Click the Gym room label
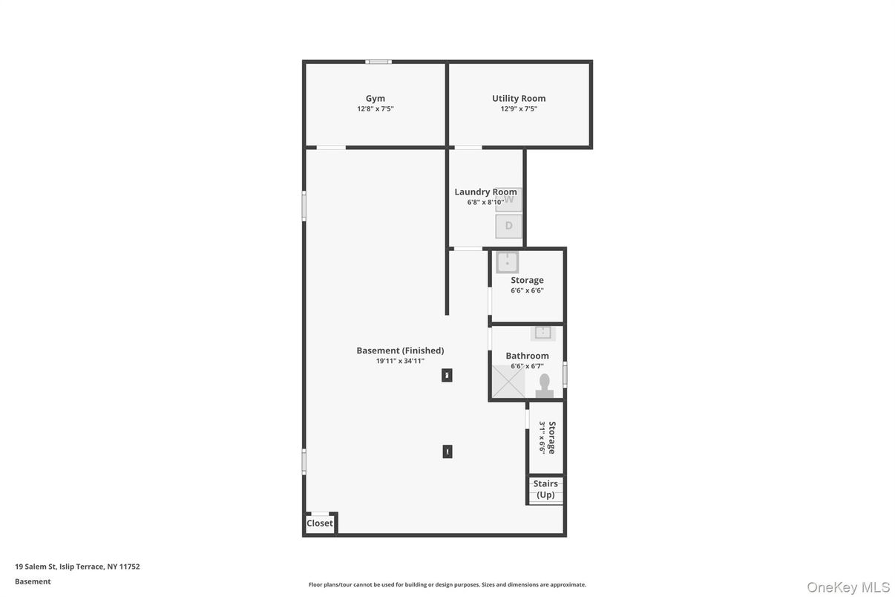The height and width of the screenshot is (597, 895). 375,98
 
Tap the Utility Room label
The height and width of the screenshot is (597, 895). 519,98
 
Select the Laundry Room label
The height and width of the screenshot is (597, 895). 485,192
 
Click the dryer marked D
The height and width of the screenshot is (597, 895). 508,226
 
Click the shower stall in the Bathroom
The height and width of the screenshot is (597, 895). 508,382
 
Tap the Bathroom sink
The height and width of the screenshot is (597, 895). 543,333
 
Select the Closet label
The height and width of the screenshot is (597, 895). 320,523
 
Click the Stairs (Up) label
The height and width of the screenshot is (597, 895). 545,489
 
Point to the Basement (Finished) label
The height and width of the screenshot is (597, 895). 400,350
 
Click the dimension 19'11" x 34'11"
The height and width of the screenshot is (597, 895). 400,361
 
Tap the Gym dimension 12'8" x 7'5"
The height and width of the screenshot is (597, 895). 375,108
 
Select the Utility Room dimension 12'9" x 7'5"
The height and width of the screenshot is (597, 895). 519,108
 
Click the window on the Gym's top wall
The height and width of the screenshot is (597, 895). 378,62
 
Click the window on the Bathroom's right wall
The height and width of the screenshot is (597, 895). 565,373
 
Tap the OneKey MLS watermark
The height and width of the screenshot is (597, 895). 848,587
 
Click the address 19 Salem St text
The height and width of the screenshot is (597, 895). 77,567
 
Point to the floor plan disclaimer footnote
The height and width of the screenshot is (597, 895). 447,584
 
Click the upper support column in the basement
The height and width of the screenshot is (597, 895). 447,375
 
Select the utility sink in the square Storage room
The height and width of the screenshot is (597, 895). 508,262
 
